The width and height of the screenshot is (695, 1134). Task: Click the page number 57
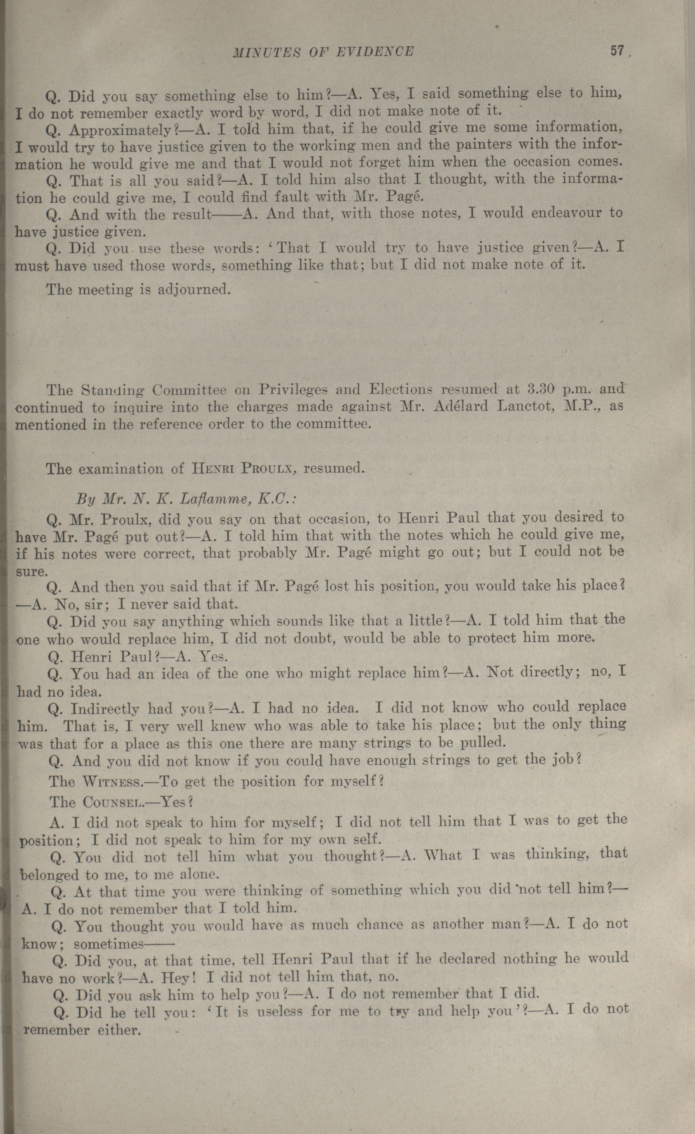tap(616, 50)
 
